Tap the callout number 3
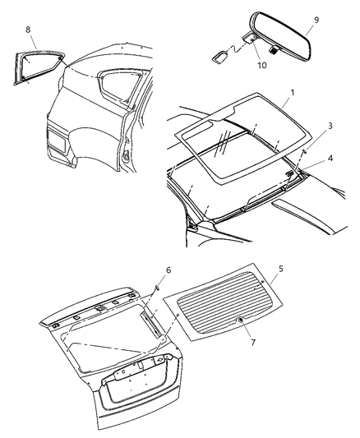330,126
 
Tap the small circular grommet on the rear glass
239,319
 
